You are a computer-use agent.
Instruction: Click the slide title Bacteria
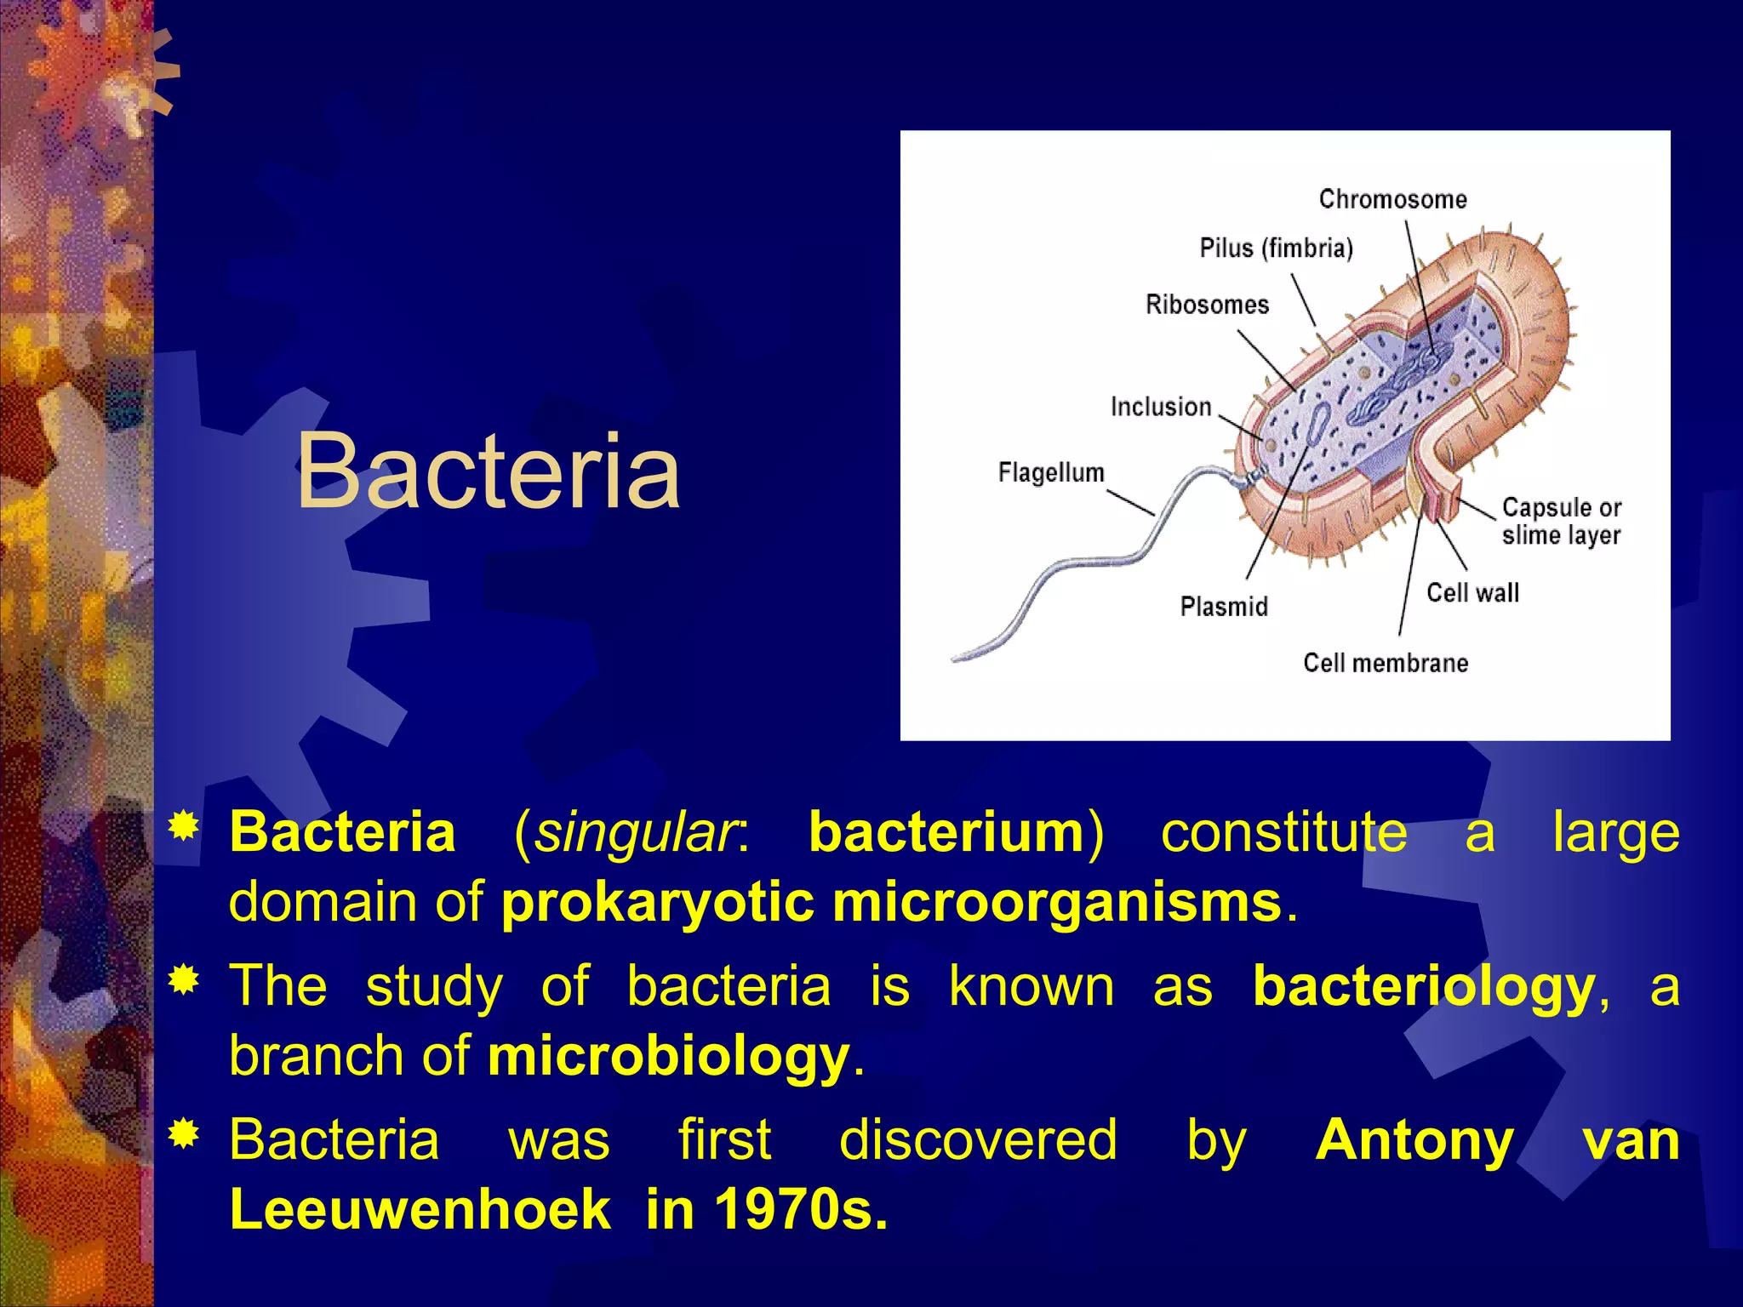click(x=488, y=471)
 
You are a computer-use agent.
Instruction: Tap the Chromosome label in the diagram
click(x=1392, y=199)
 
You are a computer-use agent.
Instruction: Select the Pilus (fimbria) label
click(x=1276, y=248)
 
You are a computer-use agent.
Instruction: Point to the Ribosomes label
click(x=1206, y=305)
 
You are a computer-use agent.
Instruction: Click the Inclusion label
click(x=1160, y=407)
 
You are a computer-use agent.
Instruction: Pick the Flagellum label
click(x=1050, y=472)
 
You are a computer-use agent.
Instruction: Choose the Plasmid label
click(x=1223, y=606)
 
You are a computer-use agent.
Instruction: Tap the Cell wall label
click(x=1472, y=592)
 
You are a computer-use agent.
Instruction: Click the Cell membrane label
click(x=1385, y=663)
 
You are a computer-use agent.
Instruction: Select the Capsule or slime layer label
click(x=1561, y=521)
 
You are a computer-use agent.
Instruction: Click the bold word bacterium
click(x=946, y=831)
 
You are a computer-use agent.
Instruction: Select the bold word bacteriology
click(x=1424, y=987)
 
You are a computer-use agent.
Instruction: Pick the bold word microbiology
click(x=668, y=1057)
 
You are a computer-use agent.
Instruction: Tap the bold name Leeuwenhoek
click(x=420, y=1208)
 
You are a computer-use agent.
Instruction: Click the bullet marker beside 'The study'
click(x=185, y=981)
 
